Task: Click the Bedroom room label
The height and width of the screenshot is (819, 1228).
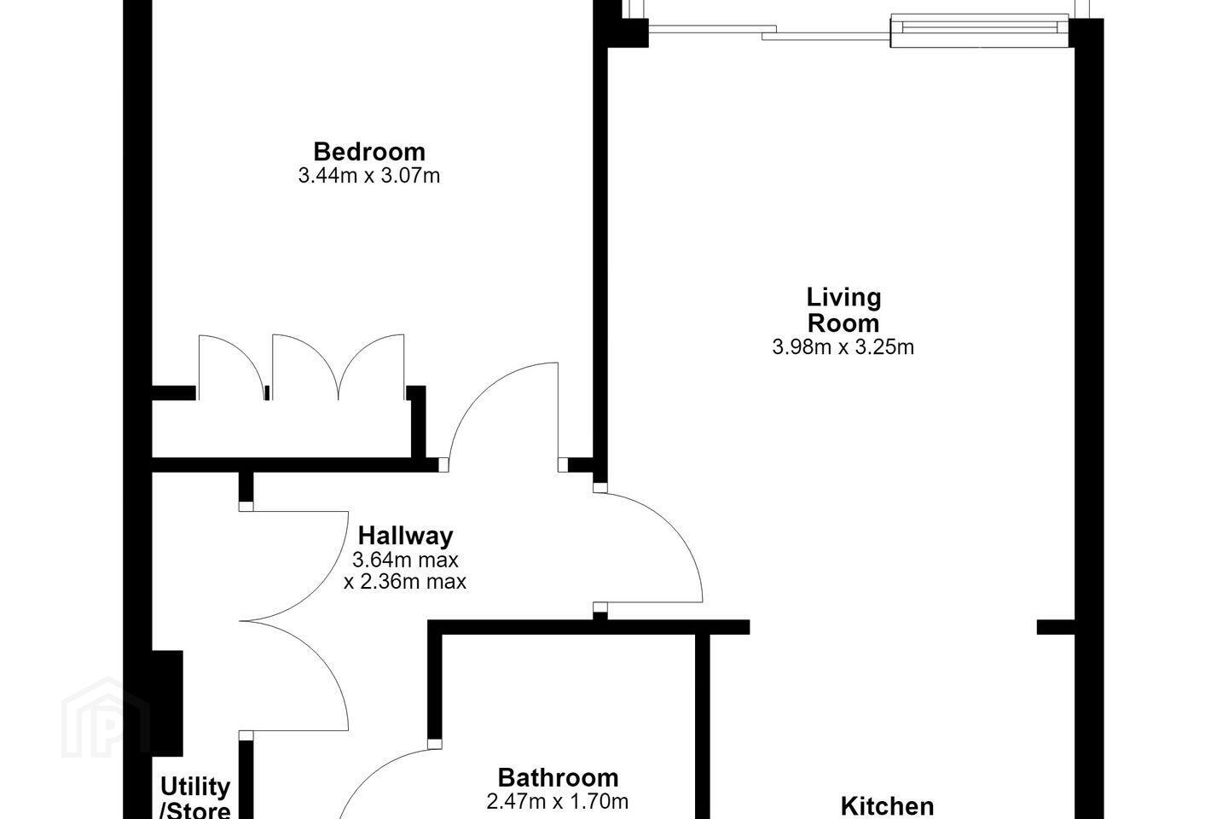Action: coord(369,152)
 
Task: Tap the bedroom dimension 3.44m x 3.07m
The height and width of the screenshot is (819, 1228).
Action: coord(369,176)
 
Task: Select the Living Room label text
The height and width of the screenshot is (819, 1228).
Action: coord(843,310)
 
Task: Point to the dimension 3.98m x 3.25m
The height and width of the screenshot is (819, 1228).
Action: coord(843,346)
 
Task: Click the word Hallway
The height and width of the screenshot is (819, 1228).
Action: coord(406,536)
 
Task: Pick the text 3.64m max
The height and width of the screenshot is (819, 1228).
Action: coord(405,561)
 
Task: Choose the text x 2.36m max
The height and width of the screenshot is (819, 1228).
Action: coord(405,582)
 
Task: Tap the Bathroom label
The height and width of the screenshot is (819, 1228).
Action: coord(558,778)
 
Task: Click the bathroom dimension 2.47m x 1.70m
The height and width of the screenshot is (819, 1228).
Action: coord(558,801)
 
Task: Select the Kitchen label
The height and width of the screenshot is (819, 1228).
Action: coord(887,806)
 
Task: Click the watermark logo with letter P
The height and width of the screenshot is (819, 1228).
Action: coord(105,719)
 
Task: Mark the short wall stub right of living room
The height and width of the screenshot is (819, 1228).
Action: coord(1056,627)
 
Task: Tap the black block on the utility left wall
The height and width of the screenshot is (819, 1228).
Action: coord(166,704)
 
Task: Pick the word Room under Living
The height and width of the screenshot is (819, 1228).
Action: coord(843,323)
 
